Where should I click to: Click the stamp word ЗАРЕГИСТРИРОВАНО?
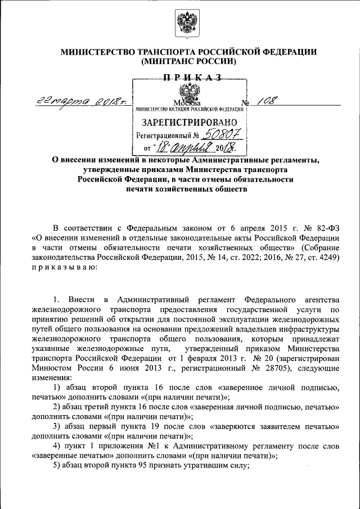tap(188, 122)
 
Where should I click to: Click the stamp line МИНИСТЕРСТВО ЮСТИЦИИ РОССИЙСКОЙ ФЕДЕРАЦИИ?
tap(188, 109)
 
